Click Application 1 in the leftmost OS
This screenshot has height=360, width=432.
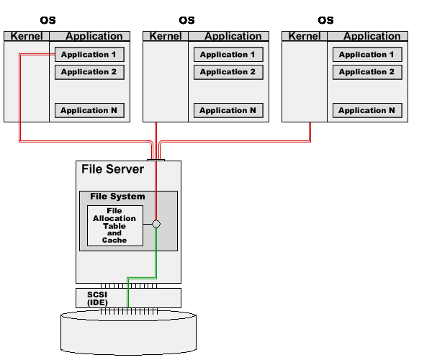(x=89, y=55)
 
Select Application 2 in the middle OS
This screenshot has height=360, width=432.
(x=228, y=72)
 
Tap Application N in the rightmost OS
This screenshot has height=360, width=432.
(x=366, y=110)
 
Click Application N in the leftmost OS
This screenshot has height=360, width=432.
(x=89, y=110)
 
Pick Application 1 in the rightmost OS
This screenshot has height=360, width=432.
(x=366, y=55)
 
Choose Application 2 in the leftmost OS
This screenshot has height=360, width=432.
(x=89, y=72)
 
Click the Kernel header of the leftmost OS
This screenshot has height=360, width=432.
(x=27, y=36)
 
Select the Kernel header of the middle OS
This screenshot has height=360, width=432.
(x=166, y=36)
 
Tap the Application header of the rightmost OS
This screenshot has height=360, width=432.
(x=372, y=36)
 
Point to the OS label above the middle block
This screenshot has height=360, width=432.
(x=186, y=20)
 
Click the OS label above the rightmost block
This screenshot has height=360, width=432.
(x=325, y=20)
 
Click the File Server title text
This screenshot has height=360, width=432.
(x=112, y=170)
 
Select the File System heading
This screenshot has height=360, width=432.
(x=117, y=197)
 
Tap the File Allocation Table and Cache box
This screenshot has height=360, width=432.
(x=114, y=225)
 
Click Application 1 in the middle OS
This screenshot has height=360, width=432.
(x=228, y=55)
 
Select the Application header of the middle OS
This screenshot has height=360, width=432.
(x=233, y=36)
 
